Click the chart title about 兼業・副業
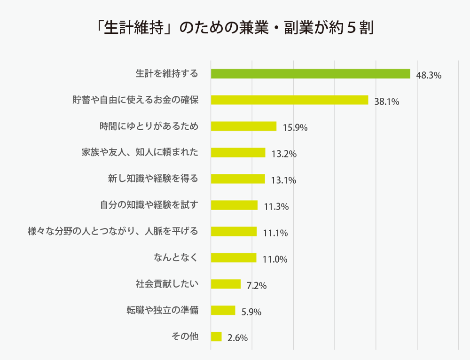point(235,28)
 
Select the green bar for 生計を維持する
point(310,74)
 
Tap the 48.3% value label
point(429,75)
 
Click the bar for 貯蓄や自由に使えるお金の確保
point(290,100)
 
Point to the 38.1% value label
point(387,101)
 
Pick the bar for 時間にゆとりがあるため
point(243,126)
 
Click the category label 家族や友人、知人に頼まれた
point(140,153)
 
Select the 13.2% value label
point(284,154)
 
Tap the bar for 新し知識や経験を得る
point(238,179)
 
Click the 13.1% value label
point(283,180)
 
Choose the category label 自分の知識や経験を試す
point(149,205)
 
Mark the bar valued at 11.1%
point(234,232)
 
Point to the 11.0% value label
point(274,259)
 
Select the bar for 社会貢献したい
point(226,284)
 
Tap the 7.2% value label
point(257,285)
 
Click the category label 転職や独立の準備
point(162,311)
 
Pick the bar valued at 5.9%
point(223,311)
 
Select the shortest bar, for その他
point(216,337)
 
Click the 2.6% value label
point(237,338)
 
